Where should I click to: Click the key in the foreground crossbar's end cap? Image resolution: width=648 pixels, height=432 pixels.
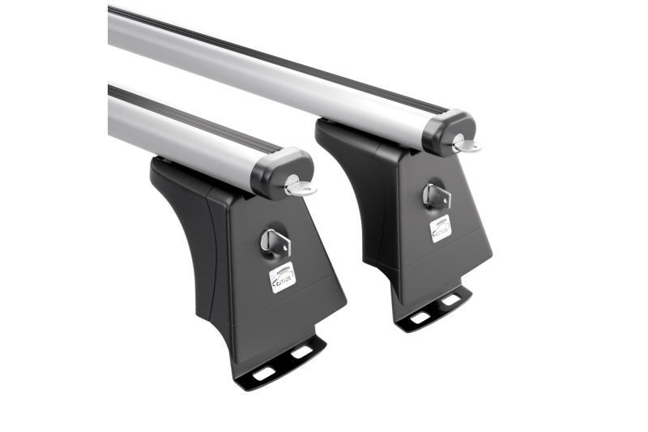coord(301,187)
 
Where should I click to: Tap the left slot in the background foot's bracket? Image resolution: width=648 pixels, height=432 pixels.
coord(420,317)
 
